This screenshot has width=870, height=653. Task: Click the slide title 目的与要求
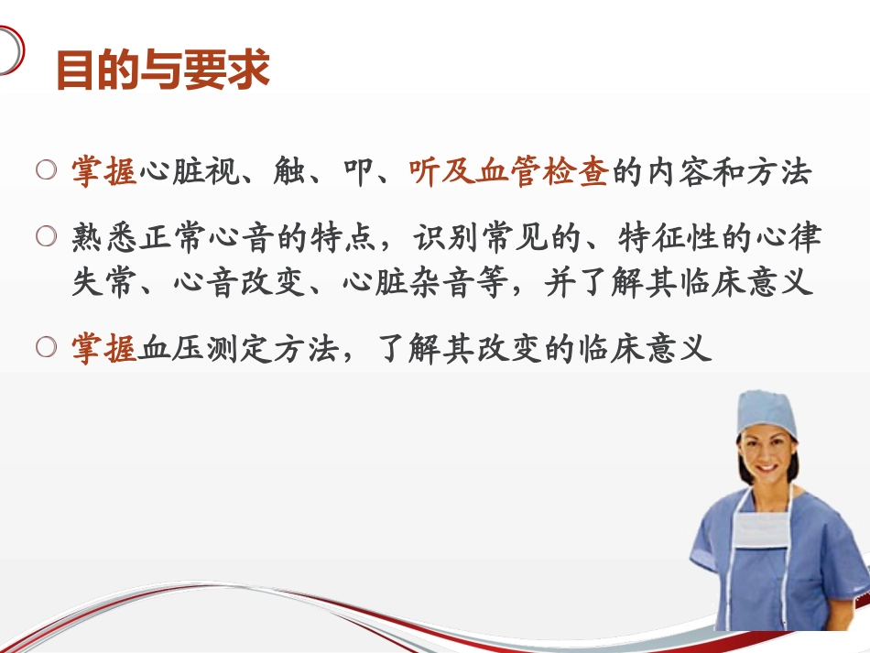pos(163,71)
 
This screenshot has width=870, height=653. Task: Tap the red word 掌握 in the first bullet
pos(104,172)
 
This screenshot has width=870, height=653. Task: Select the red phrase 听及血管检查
pos(508,172)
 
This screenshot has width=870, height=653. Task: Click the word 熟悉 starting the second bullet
pos(104,239)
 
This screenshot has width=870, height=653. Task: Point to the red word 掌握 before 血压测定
pos(104,349)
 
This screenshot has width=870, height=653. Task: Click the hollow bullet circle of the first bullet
pos(47,170)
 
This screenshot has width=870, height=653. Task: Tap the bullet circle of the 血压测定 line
pos(47,347)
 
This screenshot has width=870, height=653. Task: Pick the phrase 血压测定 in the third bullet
pos(205,349)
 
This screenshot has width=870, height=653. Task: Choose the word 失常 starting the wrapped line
pos(104,282)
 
